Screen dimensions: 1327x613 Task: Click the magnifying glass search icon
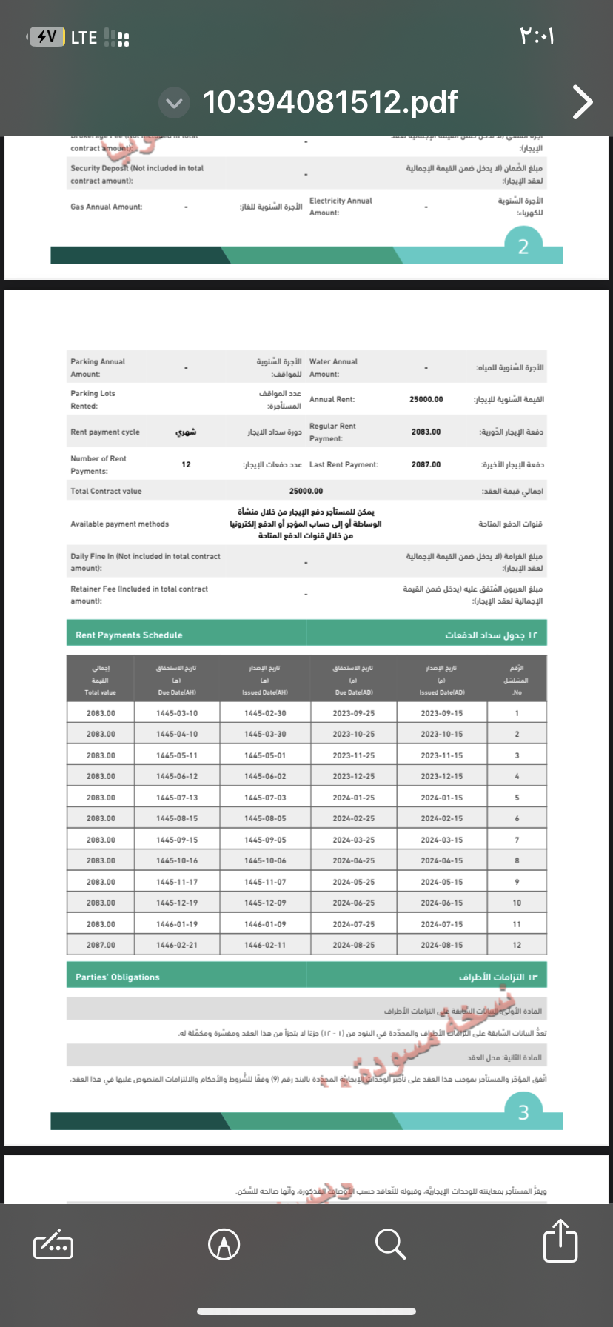(390, 1243)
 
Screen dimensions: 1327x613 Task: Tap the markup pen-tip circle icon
(224, 1243)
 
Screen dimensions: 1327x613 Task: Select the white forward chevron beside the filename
(583, 102)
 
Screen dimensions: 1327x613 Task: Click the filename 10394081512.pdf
(330, 102)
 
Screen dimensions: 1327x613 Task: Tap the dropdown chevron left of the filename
(175, 103)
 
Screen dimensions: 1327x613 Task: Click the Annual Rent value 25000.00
(426, 399)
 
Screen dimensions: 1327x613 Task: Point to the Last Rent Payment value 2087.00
(426, 464)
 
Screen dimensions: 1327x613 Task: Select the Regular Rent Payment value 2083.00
(426, 432)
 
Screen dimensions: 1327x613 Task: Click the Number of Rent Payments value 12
(186, 464)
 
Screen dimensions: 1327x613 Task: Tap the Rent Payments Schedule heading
(129, 635)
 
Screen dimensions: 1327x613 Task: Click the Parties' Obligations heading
(117, 977)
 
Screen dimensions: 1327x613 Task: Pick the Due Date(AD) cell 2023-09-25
(353, 713)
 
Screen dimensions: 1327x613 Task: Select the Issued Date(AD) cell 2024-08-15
(442, 945)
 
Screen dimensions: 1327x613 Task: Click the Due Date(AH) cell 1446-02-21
(177, 945)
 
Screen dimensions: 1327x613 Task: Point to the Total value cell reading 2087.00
(101, 945)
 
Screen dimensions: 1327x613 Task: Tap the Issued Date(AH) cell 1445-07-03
(265, 798)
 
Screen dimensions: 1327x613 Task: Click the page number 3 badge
(523, 1112)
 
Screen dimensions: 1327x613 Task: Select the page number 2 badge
(523, 247)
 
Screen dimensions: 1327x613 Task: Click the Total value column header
(101, 681)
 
